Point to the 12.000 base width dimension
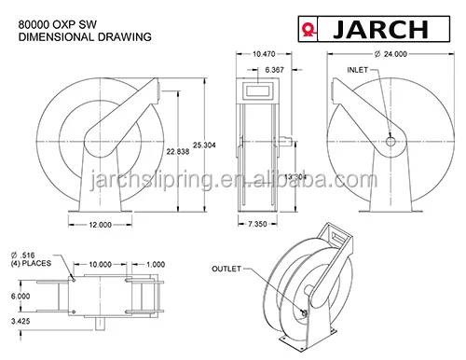pyautogui.click(x=106, y=226)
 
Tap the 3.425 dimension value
pyautogui.click(x=21, y=321)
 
